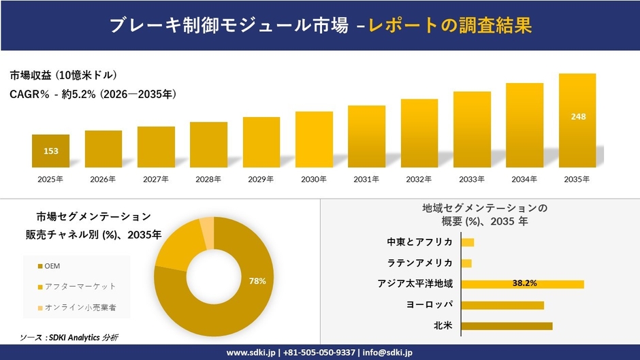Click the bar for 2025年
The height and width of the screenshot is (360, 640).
point(50,151)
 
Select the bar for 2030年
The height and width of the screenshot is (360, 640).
point(314,140)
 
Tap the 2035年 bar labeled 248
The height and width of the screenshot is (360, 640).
point(577,120)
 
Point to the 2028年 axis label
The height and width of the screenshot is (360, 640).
point(208,180)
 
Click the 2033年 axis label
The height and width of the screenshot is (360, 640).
point(472,180)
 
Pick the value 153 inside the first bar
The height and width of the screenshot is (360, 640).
point(50,151)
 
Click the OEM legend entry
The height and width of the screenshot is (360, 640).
point(53,265)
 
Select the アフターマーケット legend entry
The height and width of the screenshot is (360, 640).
point(76,287)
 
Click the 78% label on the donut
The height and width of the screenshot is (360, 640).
point(257,280)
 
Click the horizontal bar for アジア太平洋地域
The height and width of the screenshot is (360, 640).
point(522,284)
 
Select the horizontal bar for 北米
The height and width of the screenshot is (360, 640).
point(507,326)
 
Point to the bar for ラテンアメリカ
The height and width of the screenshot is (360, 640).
point(466,263)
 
